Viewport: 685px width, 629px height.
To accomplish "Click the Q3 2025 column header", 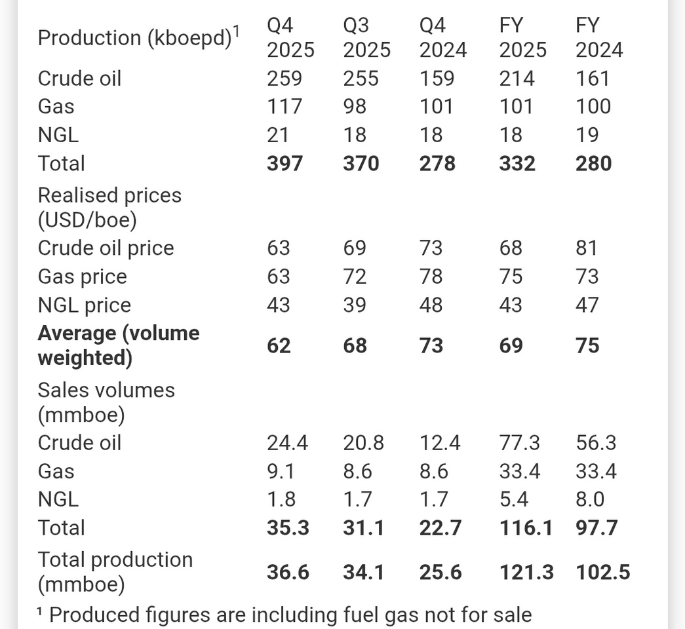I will coord(366,38).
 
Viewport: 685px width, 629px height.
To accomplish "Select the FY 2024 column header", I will coord(599,38).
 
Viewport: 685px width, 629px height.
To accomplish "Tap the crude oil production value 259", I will coord(284,79).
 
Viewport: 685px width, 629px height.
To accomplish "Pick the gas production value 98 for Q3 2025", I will coord(355,107).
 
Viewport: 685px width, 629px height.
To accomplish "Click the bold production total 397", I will coord(284,163).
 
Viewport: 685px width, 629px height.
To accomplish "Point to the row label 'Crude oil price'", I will coord(106,248).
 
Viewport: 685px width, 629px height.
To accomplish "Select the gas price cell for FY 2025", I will coord(511,276).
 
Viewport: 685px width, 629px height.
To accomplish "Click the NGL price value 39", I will coord(355,305).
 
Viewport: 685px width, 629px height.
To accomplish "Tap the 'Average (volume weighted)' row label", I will coord(118,345).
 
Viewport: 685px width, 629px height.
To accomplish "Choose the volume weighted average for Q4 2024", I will coord(431,345).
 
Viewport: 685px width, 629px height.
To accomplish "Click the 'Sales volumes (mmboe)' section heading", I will coord(106,402).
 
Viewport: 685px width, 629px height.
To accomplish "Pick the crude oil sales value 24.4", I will coord(288,443).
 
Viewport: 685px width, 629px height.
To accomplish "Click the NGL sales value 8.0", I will coord(587,500).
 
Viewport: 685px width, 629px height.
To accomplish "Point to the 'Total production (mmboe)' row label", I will coord(115,572).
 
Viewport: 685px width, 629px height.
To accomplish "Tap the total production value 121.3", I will coord(526,573).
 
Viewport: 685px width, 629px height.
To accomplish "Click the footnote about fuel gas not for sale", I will coord(284,615).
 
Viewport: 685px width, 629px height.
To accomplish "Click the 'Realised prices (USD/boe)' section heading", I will coord(109,208).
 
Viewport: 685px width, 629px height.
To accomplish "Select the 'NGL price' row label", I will coord(84,305).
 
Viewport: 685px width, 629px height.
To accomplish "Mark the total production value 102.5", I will coord(603,573).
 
